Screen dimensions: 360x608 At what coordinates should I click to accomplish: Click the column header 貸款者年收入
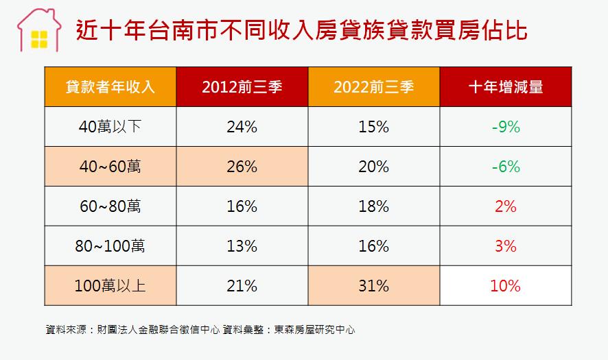tap(110, 87)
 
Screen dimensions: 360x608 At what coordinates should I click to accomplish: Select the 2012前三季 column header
tap(242, 87)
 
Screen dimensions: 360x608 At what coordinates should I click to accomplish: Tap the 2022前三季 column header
tap(373, 87)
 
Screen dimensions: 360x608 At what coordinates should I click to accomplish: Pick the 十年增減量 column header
tap(505, 87)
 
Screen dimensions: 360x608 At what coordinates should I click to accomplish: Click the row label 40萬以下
tap(110, 127)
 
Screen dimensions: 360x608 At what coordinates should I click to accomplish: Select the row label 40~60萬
tap(110, 167)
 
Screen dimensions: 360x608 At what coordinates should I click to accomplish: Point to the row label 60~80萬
tap(110, 206)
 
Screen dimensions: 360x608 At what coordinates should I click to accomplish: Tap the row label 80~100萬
tap(110, 246)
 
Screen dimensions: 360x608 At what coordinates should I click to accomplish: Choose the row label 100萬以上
tap(110, 286)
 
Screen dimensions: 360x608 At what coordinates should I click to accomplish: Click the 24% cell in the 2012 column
tap(242, 127)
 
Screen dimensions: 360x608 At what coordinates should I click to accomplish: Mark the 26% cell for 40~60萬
tap(242, 167)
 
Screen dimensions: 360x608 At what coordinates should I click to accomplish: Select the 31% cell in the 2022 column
tap(373, 286)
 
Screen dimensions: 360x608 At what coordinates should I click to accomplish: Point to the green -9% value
tap(505, 127)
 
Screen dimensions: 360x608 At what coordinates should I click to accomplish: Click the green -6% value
tap(505, 167)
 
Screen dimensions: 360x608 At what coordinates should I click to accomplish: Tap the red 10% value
tap(505, 286)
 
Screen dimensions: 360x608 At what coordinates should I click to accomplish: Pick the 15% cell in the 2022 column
tap(373, 127)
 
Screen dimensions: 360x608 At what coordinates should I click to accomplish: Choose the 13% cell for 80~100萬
tap(242, 246)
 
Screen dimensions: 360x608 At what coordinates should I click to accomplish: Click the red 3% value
tap(505, 246)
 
